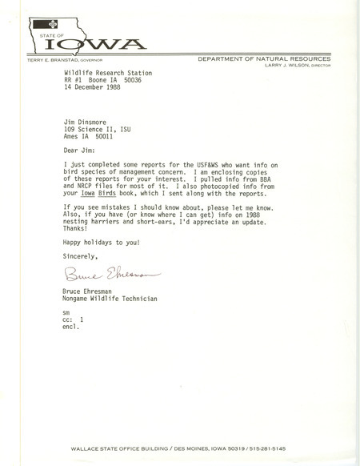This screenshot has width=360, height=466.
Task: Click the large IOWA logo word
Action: pos(100,43)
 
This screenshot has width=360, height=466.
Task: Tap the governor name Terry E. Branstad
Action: pos(54,61)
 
